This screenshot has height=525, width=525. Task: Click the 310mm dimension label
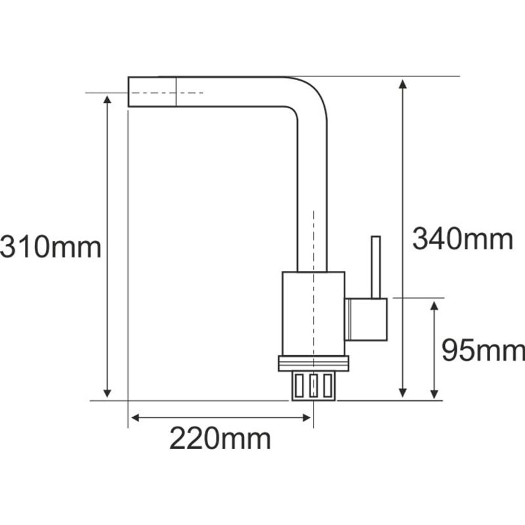tap(51, 247)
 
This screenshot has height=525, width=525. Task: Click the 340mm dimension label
tap(462, 239)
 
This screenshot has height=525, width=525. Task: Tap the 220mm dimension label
tap(220, 438)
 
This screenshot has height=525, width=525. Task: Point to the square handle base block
tap(367, 319)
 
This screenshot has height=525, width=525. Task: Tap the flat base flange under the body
tap(314, 363)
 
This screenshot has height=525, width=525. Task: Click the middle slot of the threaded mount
tap(313, 385)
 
